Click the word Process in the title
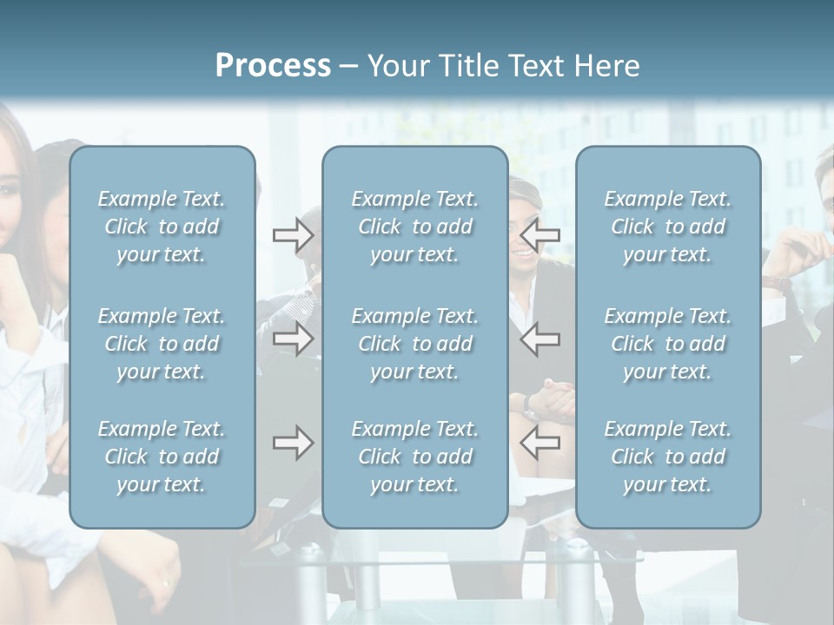point(273,66)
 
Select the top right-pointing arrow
point(293,235)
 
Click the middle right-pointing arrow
point(293,339)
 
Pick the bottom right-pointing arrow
point(293,443)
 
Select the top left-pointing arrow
point(539,235)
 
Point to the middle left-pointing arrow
point(539,339)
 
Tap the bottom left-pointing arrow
point(539,443)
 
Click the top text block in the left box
point(162,227)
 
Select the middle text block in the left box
point(162,344)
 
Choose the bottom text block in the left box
point(162,457)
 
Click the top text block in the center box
point(414,227)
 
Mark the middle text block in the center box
point(414,344)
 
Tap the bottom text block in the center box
point(414,457)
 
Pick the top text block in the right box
point(667,227)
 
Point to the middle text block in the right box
point(667,344)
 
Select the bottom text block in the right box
point(667,457)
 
